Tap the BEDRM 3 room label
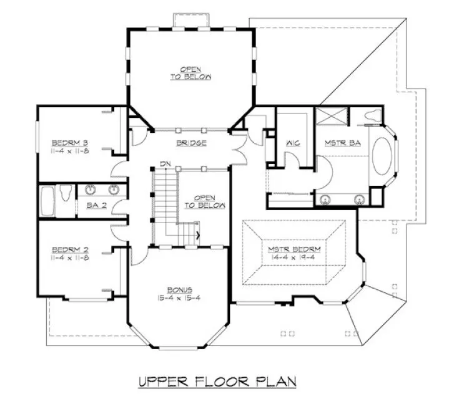69,141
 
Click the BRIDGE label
191,143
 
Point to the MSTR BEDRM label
294,251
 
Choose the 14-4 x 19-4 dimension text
294,259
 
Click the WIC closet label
293,143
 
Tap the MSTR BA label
336,143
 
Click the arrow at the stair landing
197,236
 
